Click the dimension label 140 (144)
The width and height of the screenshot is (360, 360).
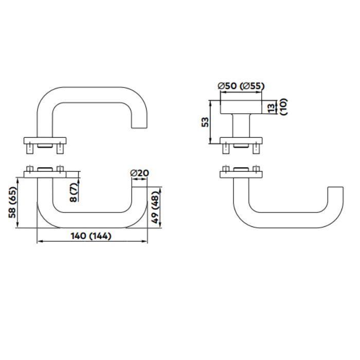pos(92,236)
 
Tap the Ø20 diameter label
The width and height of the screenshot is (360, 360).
pos(140,173)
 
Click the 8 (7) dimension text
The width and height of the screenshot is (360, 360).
pos(75,191)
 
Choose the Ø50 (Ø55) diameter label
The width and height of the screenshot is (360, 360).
pos(241,86)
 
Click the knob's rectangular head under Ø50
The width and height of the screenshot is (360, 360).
pos(241,107)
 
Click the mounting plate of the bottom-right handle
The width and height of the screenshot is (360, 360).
pos(240,174)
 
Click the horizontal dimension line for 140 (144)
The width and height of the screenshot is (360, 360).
pos(92,242)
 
